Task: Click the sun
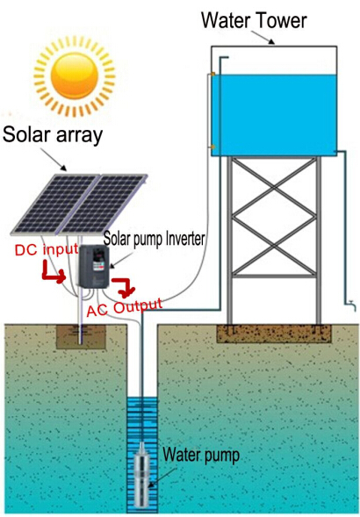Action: pos(75,75)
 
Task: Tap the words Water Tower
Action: pos(254,20)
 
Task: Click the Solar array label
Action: pos(53,135)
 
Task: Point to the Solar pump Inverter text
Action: pos(154,239)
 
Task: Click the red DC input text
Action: pos(47,249)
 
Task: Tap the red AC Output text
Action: pos(125,307)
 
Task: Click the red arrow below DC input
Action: pos(54,273)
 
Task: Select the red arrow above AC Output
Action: pos(124,285)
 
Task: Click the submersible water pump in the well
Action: pos(143,475)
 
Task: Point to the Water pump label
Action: pos(201,456)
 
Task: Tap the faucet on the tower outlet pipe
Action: pos(352,305)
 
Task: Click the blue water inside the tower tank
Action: pos(274,115)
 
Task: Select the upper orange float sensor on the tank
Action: pos(213,75)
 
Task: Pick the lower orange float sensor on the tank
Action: pos(213,147)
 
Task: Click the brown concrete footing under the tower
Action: pos(274,334)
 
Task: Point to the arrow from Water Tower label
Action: pos(263,37)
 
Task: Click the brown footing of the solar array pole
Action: pos(81,337)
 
